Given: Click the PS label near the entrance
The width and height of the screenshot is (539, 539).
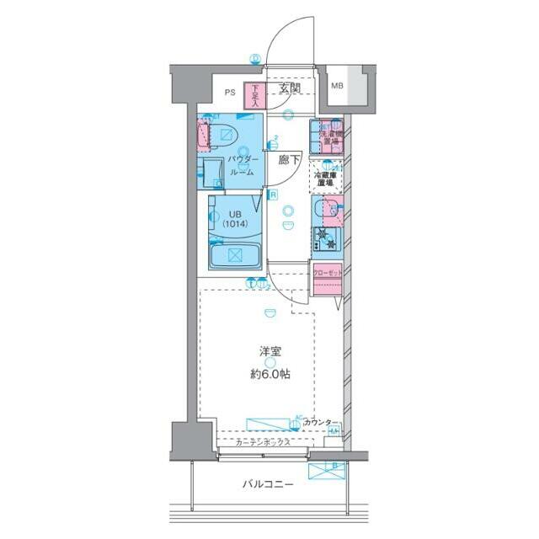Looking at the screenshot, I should [229, 93].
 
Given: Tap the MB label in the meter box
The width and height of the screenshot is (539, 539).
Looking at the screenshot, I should [337, 86].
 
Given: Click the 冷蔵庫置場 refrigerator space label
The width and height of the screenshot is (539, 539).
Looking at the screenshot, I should [325, 177].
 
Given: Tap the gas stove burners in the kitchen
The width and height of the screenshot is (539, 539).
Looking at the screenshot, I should [326, 240].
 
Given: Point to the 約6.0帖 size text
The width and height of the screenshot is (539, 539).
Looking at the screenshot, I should [269, 375].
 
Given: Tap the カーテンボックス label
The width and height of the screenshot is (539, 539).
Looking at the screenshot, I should [263, 442].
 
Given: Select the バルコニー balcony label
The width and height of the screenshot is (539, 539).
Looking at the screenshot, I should [268, 485].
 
